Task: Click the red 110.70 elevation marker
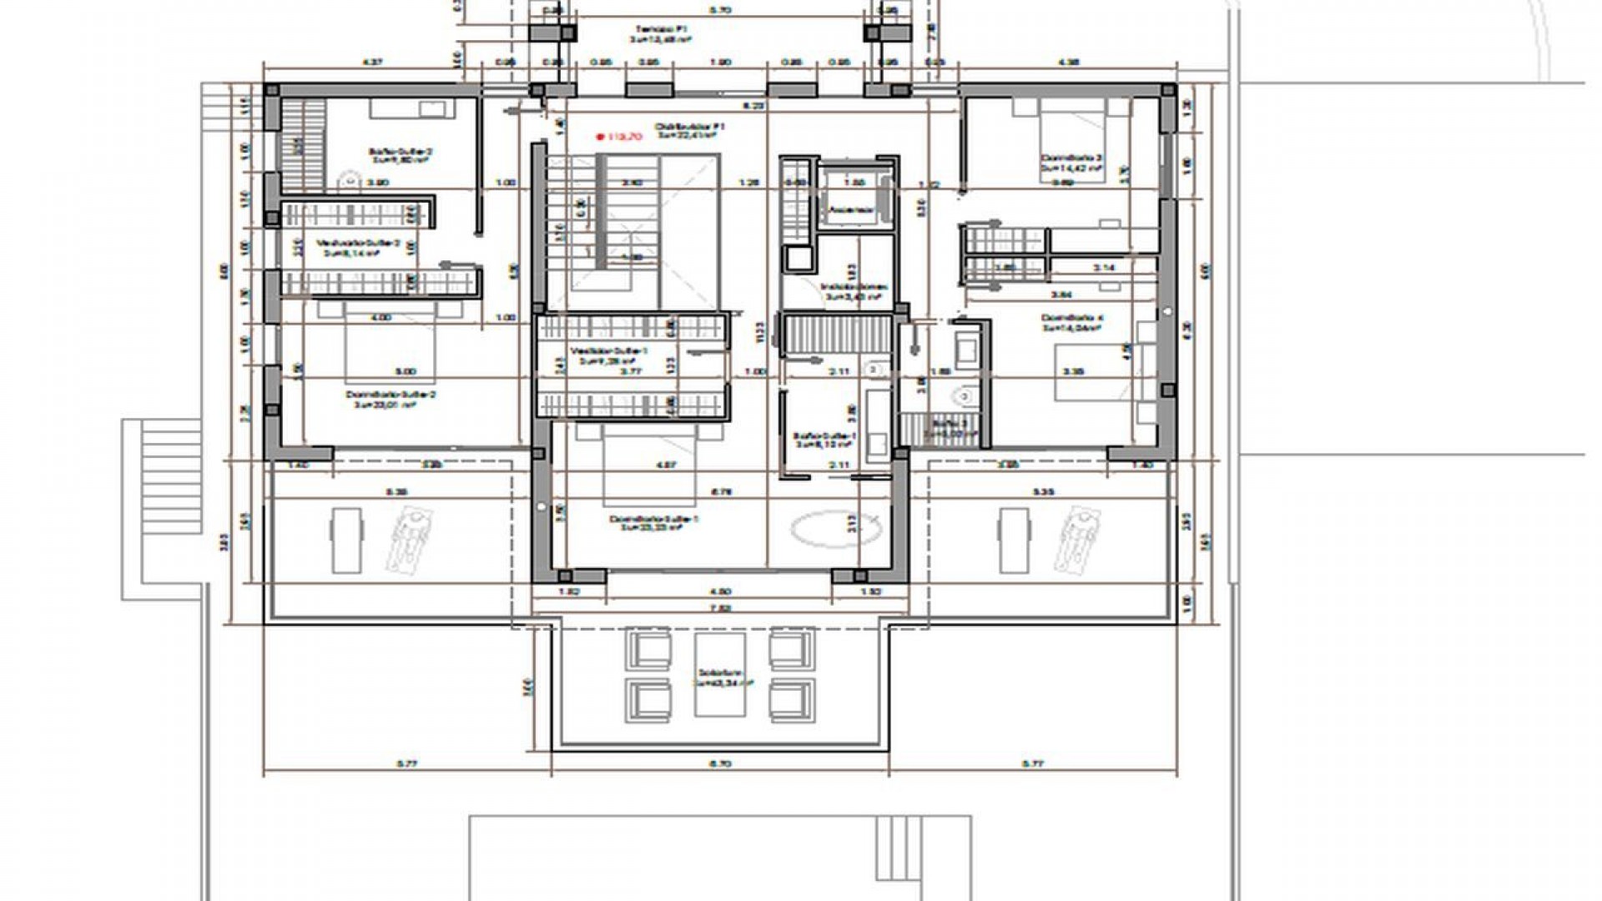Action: (x=618, y=137)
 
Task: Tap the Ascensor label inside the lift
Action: (x=851, y=210)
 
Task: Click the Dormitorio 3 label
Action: (x=1071, y=161)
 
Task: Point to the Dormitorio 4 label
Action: (x=1072, y=322)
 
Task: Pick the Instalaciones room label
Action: (x=851, y=291)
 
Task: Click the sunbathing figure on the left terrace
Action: (x=406, y=541)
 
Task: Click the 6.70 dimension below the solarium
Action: (x=721, y=763)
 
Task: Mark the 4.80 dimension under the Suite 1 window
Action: (x=719, y=591)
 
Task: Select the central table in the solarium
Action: (x=720, y=674)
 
